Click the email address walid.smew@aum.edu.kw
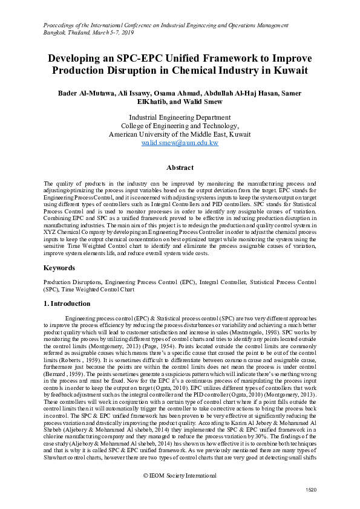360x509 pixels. (x=180, y=143)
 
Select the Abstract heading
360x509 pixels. (x=180, y=167)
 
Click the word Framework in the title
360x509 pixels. (x=218, y=59)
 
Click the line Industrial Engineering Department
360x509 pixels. (x=180, y=117)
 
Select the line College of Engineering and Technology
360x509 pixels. (x=180, y=126)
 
